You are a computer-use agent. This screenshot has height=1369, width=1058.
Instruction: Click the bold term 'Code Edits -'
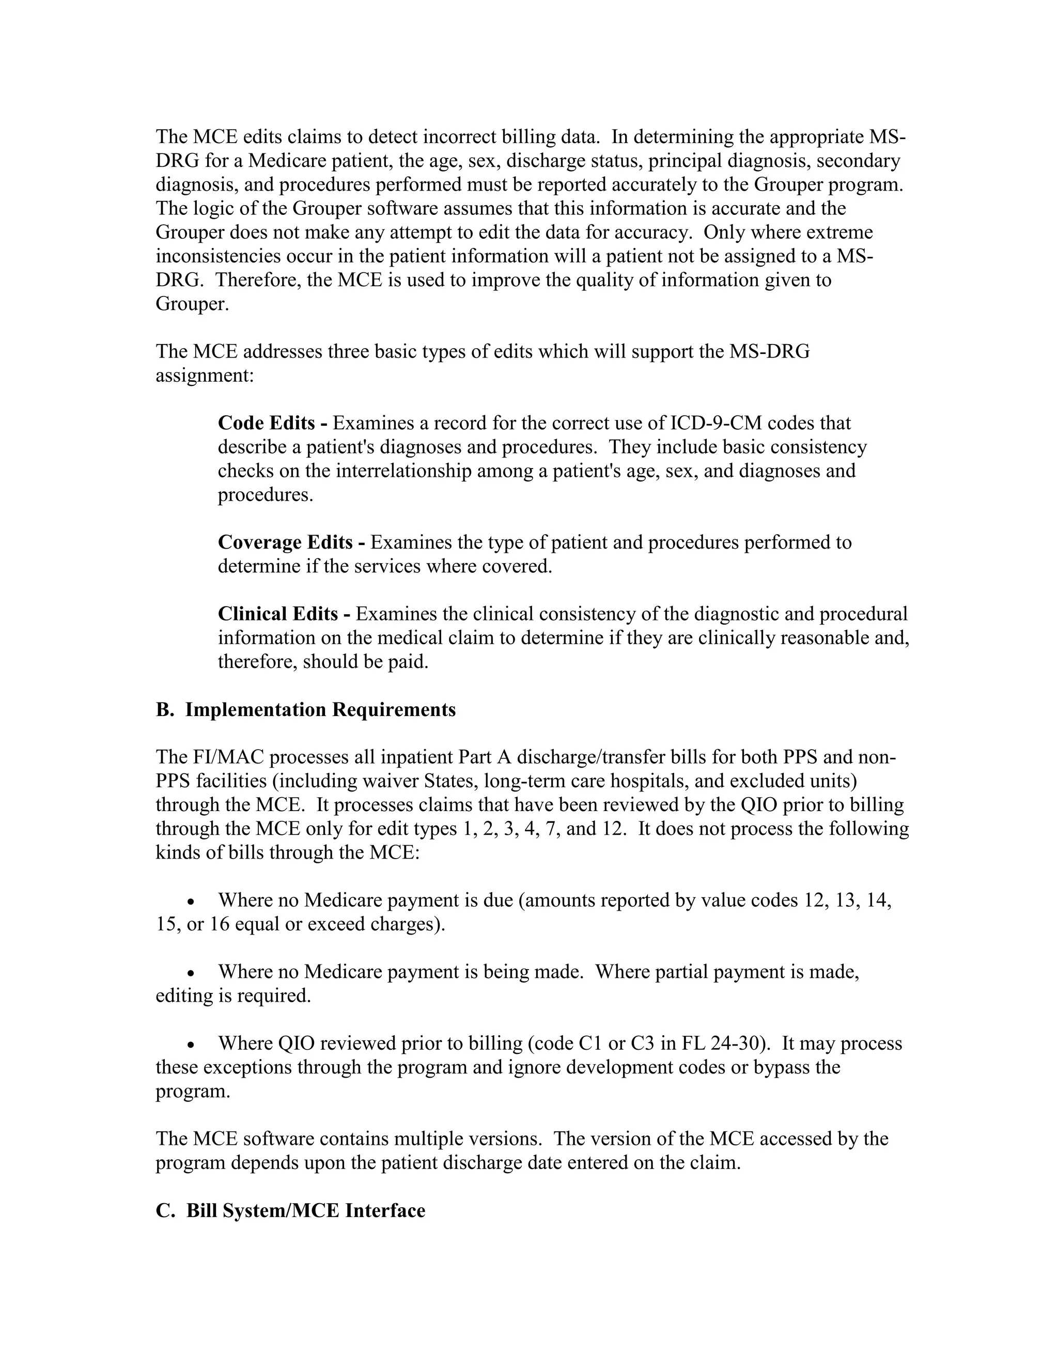tap(272, 423)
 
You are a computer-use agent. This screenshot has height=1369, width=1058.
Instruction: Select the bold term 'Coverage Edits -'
tap(291, 542)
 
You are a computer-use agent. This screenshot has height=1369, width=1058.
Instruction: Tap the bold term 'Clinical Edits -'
tap(284, 614)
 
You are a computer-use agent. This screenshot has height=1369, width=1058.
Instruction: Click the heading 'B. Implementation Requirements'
tap(306, 710)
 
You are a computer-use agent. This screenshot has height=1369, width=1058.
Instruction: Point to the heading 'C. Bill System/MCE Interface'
tap(290, 1210)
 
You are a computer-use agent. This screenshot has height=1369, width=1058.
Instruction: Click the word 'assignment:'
tap(205, 376)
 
